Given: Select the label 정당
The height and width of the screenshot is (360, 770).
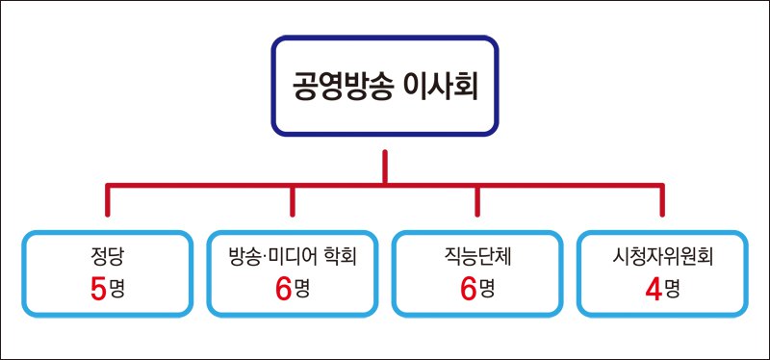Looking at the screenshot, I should [107, 259].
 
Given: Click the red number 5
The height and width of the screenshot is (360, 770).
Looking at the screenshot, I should [97, 289].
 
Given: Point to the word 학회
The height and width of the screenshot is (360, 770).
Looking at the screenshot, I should [339, 259].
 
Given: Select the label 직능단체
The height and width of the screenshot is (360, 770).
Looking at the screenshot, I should [477, 259].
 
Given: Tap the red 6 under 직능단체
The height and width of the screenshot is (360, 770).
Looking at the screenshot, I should [468, 289].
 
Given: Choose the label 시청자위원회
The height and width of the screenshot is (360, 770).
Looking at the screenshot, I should [663, 259].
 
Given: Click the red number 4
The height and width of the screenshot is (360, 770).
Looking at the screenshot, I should [654, 289].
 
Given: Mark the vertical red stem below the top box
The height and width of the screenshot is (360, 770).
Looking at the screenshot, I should [385, 166].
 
